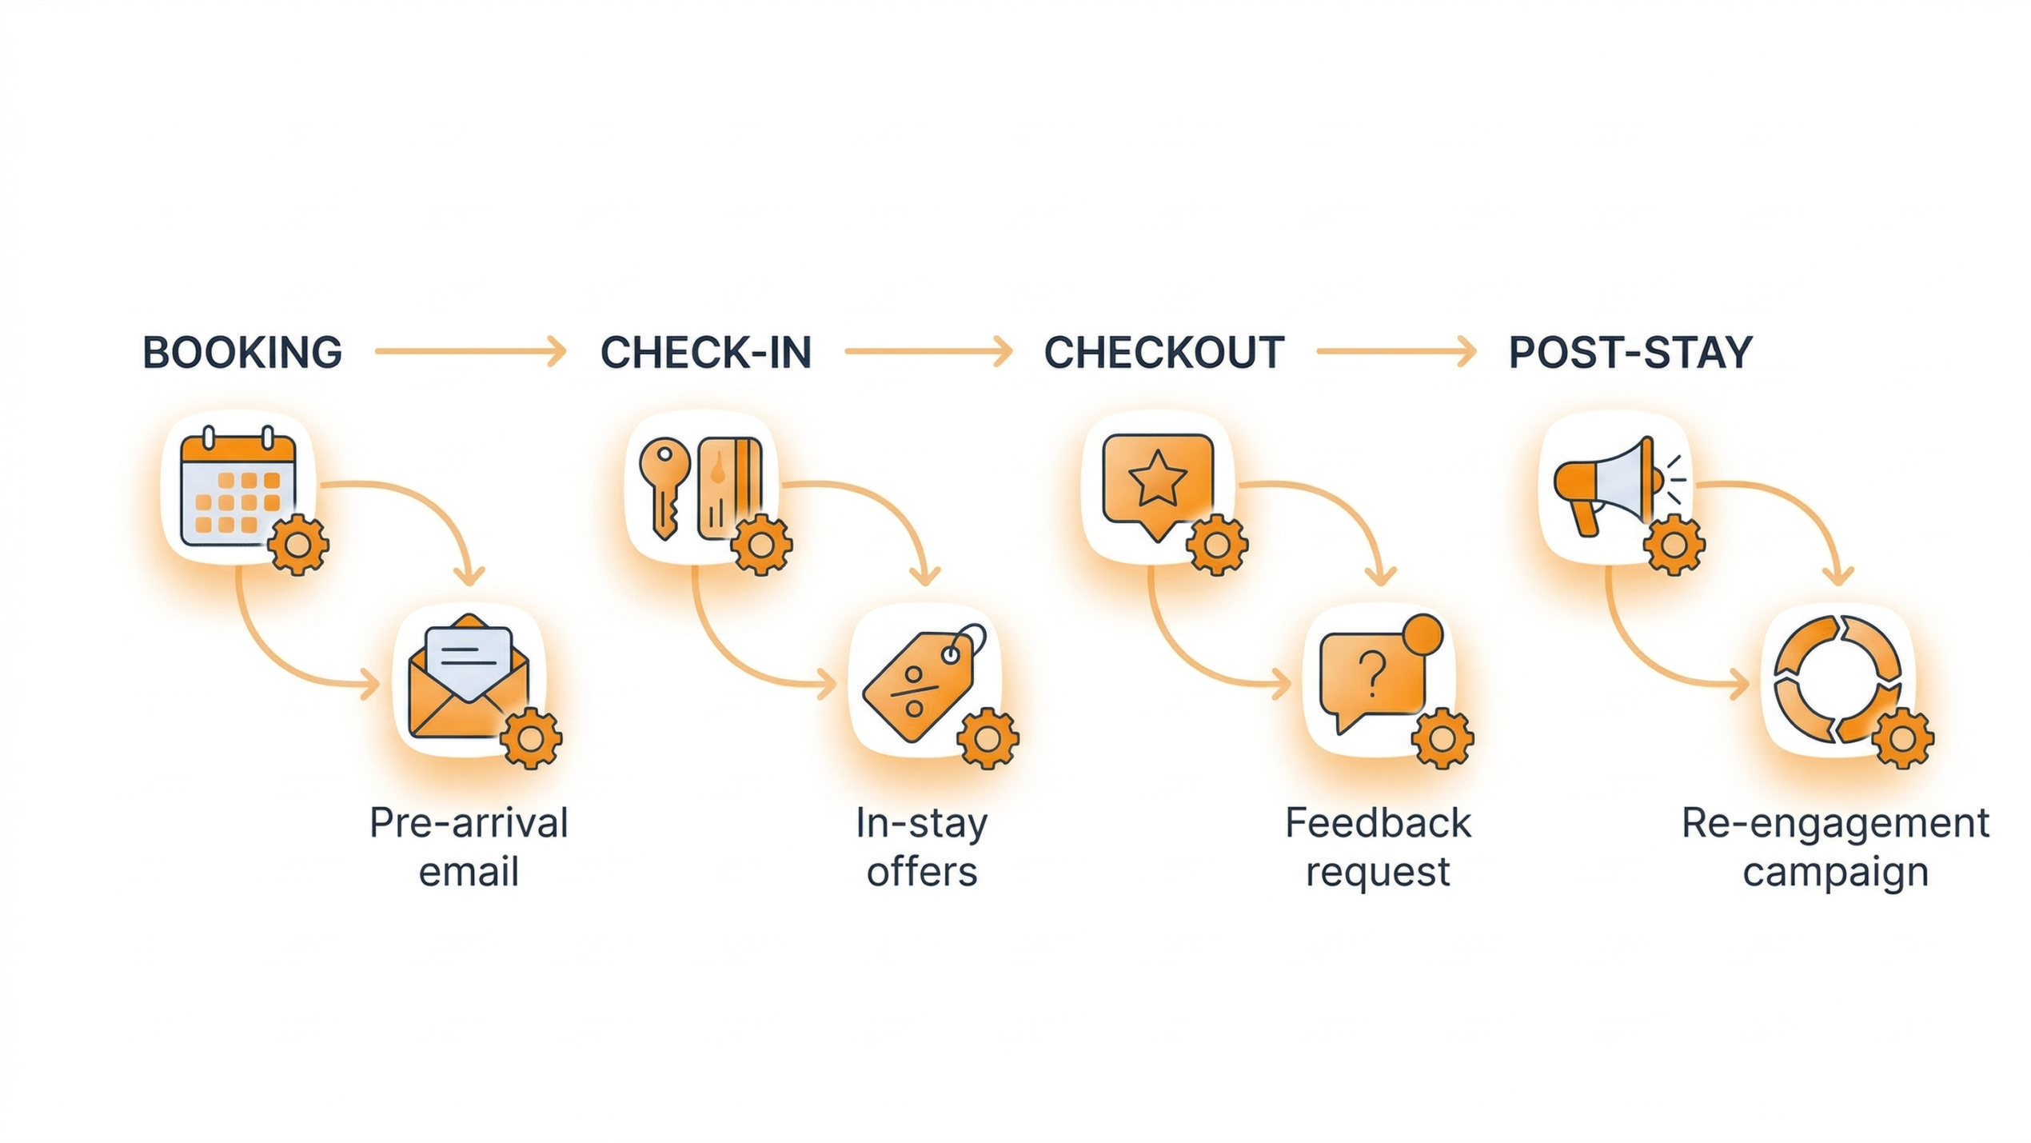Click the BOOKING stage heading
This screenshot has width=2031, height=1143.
[242, 353]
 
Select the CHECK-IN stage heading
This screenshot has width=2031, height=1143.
[706, 353]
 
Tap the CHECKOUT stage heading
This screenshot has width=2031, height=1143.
[1163, 353]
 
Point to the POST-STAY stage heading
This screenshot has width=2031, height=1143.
[1630, 353]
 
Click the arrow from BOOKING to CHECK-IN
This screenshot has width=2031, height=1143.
[470, 351]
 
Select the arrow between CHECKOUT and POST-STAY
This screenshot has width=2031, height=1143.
[1395, 351]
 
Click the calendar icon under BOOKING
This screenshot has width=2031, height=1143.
[237, 490]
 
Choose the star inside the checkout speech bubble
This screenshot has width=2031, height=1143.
[1157, 478]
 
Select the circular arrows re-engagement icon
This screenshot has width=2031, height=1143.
[1837, 678]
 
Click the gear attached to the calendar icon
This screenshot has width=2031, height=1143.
[297, 546]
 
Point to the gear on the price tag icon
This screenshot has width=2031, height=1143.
[988, 739]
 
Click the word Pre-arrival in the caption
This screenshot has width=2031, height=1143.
[469, 824]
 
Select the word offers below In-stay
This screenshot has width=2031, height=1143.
[922, 872]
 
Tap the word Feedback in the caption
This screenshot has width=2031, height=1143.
[1378, 824]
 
